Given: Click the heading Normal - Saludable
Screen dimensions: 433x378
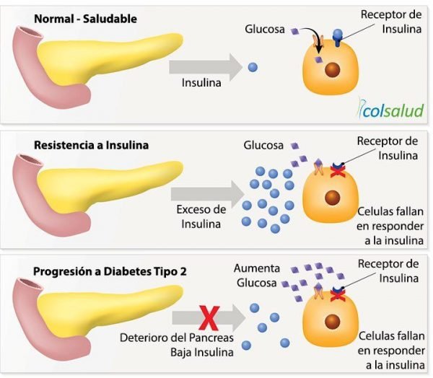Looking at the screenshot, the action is coord(85,19).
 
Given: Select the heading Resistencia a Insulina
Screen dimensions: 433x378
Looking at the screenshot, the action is coord(91,145).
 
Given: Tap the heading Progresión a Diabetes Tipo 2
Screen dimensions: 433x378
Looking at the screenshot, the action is coord(110,271).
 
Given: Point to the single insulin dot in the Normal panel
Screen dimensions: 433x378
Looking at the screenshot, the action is coord(253,67).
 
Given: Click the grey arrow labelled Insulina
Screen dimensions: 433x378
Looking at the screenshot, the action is coord(206,67).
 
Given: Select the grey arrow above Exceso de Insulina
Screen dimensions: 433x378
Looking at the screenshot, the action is coord(208,194).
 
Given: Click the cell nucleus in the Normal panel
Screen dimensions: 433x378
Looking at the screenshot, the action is coord(332,70).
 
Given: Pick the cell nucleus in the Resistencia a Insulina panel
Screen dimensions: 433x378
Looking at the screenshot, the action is coord(332,198).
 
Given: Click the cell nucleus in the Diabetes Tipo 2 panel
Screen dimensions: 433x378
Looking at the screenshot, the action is coord(332,322).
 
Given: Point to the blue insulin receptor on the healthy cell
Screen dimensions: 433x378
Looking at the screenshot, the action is coord(338,38).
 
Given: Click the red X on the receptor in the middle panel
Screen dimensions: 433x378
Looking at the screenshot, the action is coord(336,172).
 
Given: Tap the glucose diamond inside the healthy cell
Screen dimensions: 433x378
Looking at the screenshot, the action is coord(319,59).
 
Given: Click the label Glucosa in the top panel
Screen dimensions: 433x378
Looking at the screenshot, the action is coord(265,30).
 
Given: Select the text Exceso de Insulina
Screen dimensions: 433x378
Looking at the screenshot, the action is coord(201,216).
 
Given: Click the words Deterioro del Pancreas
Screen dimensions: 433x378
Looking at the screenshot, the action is coord(177,338).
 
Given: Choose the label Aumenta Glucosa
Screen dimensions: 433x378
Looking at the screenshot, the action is coord(256,276).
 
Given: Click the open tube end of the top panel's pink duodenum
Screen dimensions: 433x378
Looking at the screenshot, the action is coord(29,32).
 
